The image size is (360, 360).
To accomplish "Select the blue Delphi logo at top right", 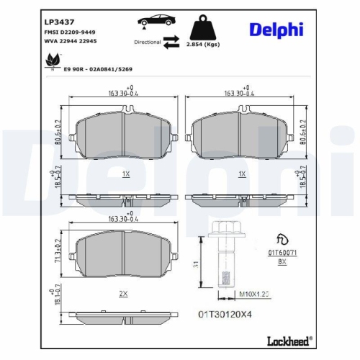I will [276, 29].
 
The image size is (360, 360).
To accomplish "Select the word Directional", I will [148, 42].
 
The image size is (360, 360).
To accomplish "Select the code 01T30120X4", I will [223, 313].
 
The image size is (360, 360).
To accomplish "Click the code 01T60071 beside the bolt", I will [282, 253].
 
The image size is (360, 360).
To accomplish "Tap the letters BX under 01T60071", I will [282, 263].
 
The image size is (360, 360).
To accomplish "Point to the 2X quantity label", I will [123, 294].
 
